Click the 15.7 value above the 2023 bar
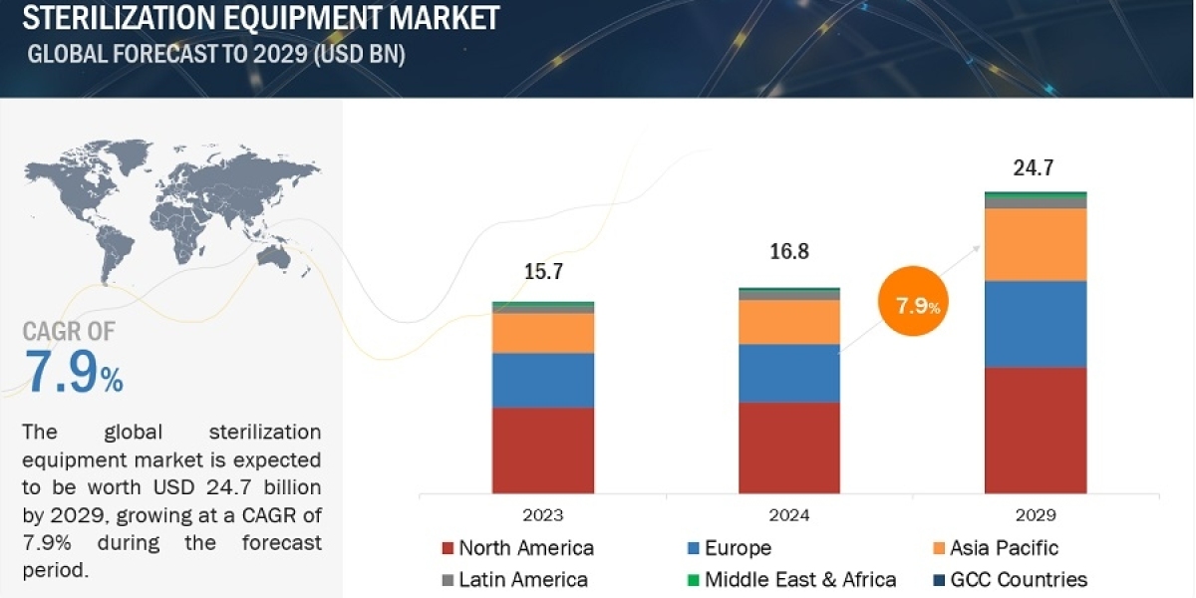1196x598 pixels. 543,271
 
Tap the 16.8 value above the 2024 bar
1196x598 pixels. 789,251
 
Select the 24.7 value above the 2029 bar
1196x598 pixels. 1034,167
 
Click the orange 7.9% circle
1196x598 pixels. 913,301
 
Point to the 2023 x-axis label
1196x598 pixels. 543,515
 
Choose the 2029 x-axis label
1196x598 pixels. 1036,515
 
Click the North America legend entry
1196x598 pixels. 518,548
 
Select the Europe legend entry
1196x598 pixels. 730,548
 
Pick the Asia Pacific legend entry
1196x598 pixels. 996,548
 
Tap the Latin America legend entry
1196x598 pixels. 515,580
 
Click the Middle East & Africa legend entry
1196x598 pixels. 791,580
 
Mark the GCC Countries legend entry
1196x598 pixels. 1011,580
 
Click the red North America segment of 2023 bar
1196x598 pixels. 543,450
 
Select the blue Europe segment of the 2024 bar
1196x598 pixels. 789,373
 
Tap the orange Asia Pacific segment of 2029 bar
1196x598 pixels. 1036,244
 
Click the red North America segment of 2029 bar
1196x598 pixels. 1036,431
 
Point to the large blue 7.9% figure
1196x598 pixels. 73,372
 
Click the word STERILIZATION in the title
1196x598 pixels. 119,18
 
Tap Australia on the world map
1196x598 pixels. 273,257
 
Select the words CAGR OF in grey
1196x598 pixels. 69,331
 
